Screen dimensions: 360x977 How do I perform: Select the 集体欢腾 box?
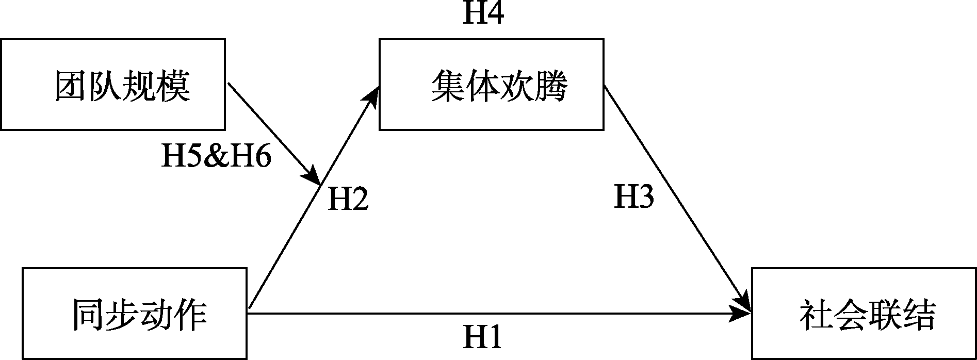tap(491, 84)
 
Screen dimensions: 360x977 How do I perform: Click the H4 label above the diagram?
tap(483, 13)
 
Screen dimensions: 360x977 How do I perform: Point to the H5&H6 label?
tap(216, 156)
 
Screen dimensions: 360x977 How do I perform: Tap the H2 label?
tap(348, 199)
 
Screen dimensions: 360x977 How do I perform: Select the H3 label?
tap(634, 197)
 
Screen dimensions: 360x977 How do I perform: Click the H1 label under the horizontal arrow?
tap(482, 338)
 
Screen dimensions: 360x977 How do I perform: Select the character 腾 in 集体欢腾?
tap(550, 86)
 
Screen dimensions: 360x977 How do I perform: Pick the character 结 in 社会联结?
tap(918, 315)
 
